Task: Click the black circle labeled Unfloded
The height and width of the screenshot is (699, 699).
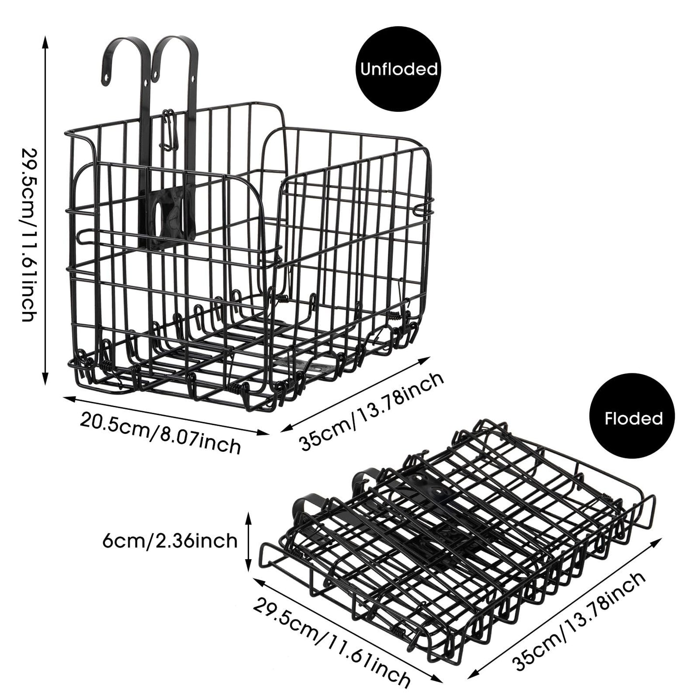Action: pos(399,69)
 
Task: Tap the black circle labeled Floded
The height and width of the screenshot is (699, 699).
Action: pos(633,418)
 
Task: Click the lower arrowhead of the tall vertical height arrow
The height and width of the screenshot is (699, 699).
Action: pos(45,379)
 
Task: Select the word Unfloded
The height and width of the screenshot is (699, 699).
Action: pos(399,69)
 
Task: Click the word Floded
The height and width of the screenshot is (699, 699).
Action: pos(633,418)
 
